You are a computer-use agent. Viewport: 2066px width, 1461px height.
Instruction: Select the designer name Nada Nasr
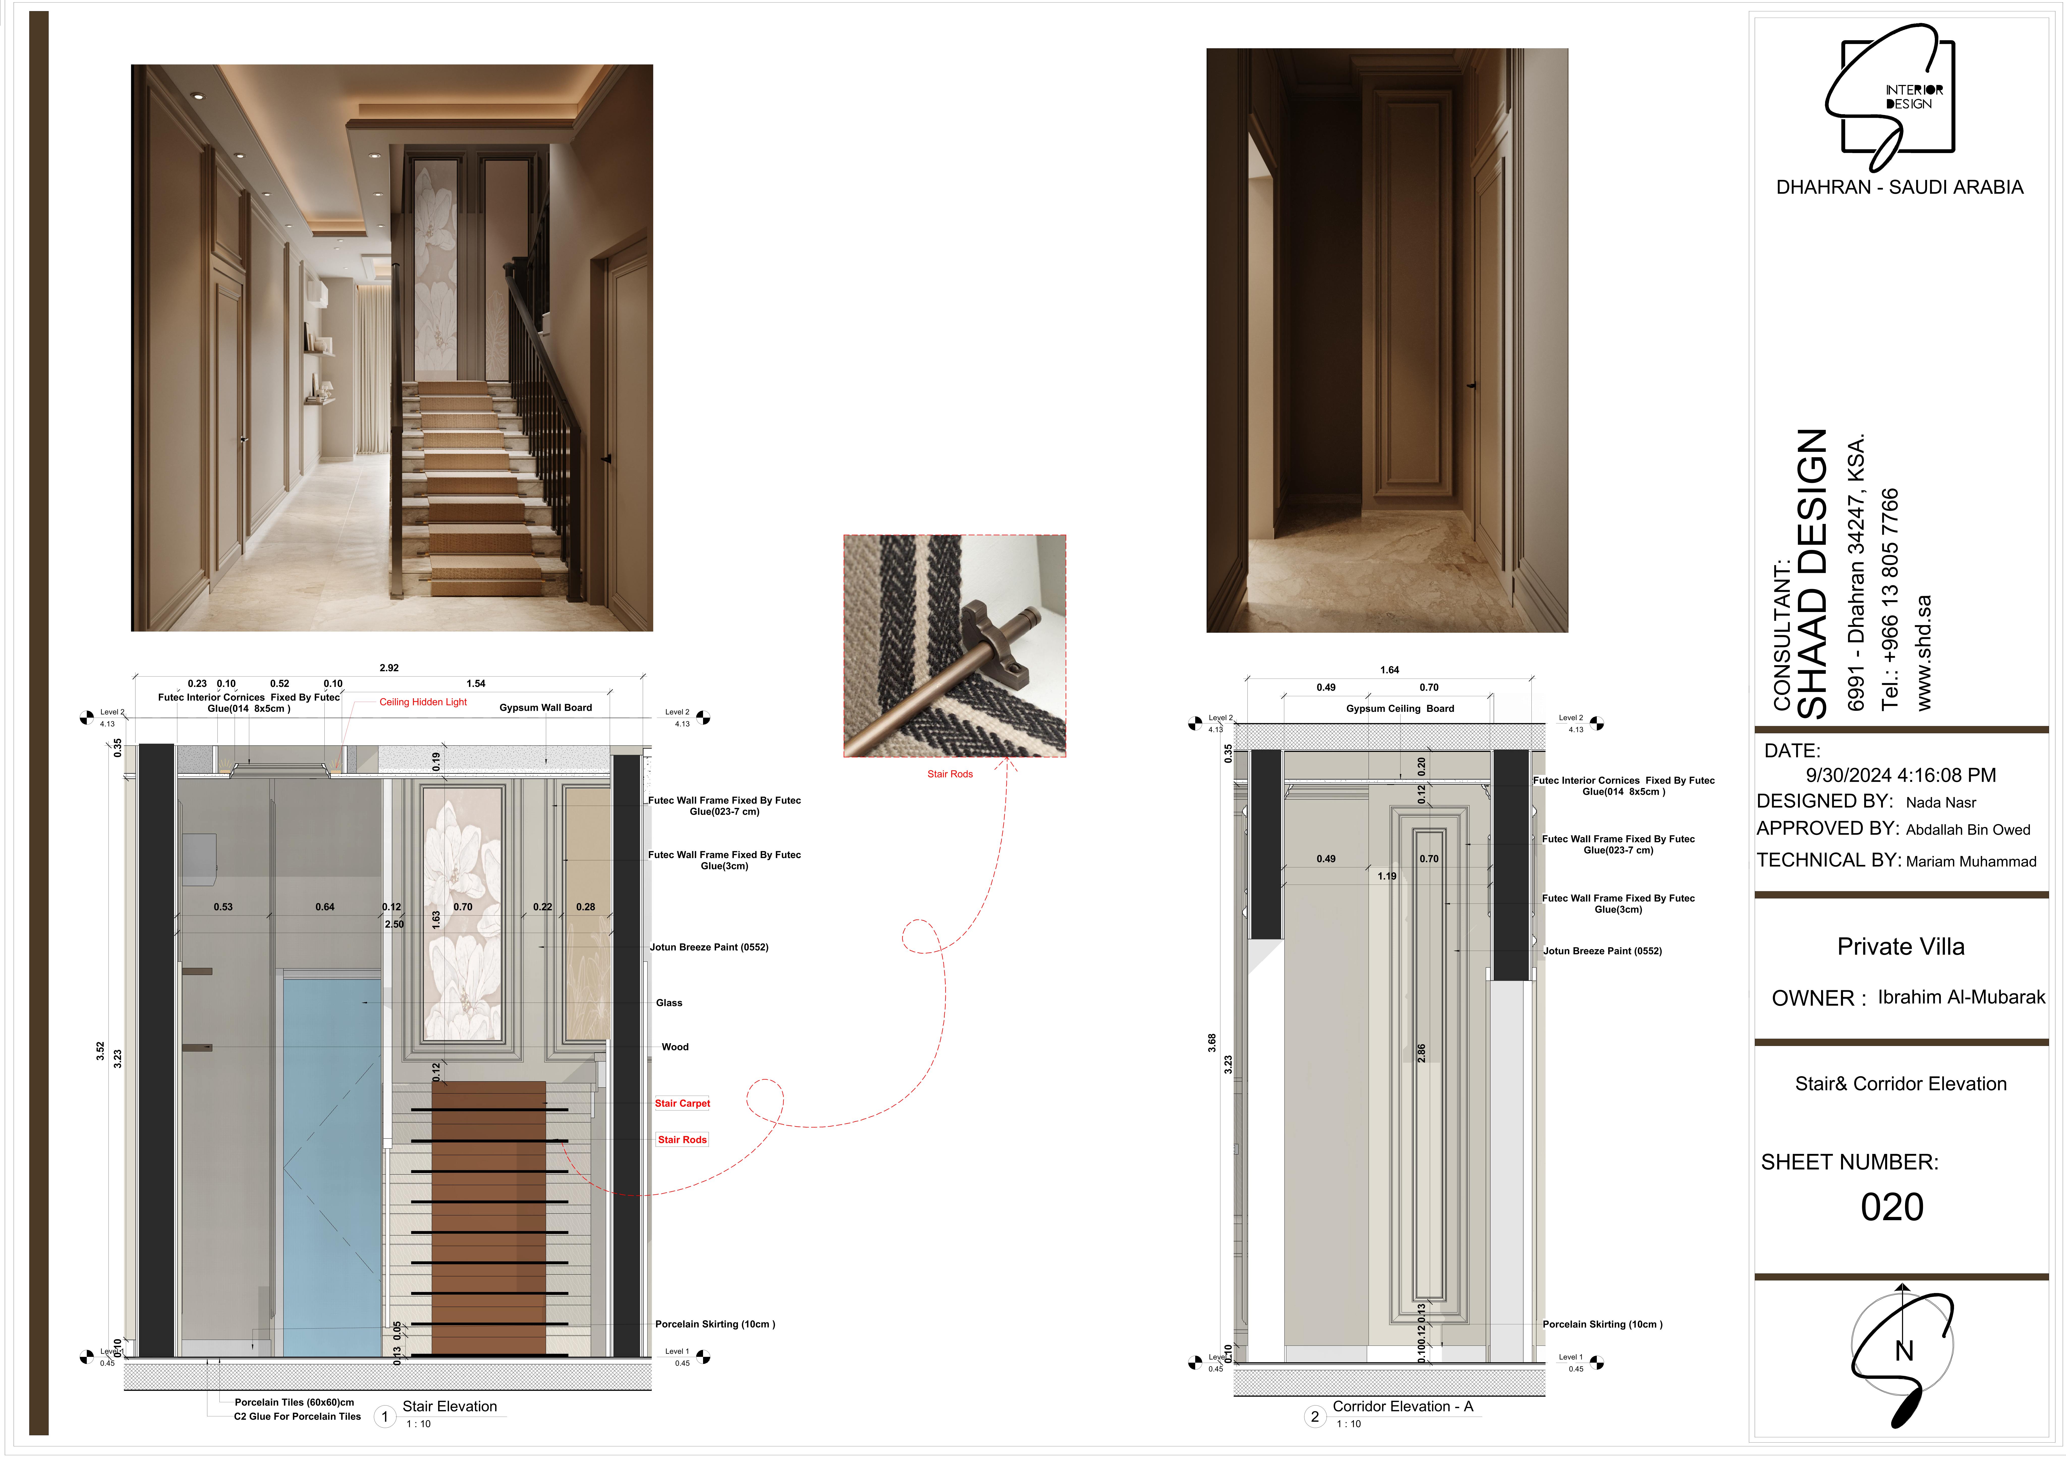tap(1941, 802)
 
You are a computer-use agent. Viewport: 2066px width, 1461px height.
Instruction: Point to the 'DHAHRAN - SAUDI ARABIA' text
tap(1900, 187)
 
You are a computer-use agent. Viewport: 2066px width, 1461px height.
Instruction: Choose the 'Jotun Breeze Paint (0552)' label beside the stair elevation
tap(709, 947)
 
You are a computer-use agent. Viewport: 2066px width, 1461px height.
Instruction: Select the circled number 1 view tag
tap(385, 1417)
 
